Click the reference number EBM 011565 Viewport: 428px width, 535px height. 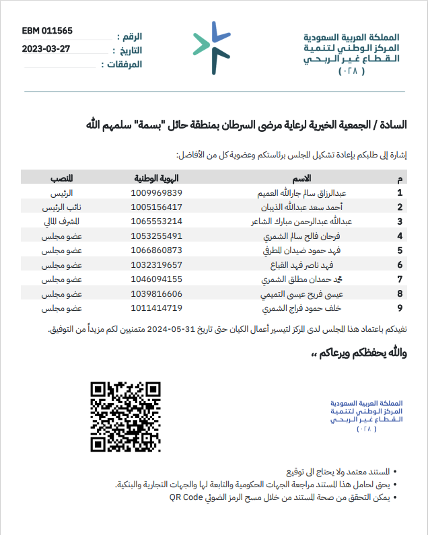tap(47, 31)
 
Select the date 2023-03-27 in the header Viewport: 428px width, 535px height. tap(48, 48)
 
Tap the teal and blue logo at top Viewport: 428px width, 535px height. tap(210, 47)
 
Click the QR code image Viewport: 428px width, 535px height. tap(126, 417)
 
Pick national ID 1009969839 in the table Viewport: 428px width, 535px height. tap(157, 192)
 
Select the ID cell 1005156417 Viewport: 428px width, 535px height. tap(157, 207)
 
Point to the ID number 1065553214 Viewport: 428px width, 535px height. tap(157, 221)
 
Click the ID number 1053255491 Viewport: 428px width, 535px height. tap(157, 236)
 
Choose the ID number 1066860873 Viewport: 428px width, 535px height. tap(157, 250)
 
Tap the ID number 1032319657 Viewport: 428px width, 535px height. tap(157, 264)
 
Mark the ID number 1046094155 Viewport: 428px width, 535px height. tap(157, 279)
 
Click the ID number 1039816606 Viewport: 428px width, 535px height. tap(157, 293)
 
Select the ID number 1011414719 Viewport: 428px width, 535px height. tap(157, 308)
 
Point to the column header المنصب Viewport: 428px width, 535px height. tap(62, 178)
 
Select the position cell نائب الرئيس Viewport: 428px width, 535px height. tap(62, 207)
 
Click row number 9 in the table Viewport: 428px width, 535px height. tap(400, 308)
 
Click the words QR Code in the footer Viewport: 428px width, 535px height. tap(186, 497)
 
